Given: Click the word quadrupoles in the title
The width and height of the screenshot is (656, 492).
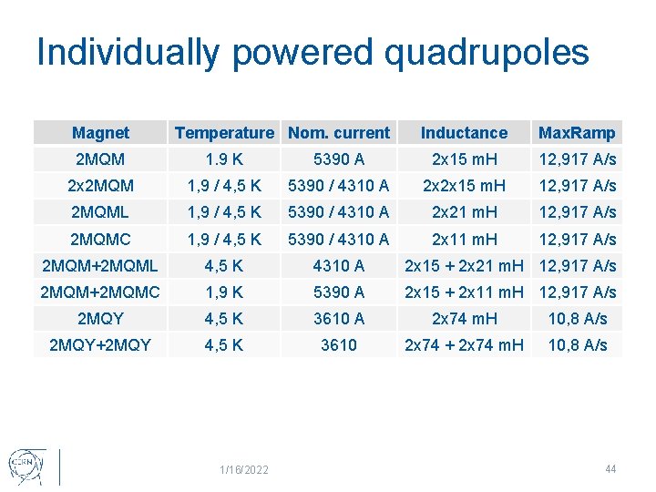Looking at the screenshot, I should (x=487, y=53).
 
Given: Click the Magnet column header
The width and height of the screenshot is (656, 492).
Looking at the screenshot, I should (x=100, y=133).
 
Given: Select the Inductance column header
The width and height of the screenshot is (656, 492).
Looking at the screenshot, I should (x=464, y=133).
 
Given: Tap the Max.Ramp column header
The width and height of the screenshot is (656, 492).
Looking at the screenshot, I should (x=577, y=133).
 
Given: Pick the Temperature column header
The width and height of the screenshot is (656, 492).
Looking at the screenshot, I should (x=224, y=133).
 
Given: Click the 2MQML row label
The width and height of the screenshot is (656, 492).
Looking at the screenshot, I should (x=100, y=212).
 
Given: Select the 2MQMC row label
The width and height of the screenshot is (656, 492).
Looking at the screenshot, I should (x=100, y=240).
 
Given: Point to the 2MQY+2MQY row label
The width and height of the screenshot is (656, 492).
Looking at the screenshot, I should (x=100, y=345).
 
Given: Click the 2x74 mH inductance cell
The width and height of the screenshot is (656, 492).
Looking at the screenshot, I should (x=464, y=319).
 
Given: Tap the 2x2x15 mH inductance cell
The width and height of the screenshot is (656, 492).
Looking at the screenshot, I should (x=464, y=186).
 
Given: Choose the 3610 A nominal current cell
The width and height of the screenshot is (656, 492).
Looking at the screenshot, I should (x=338, y=319).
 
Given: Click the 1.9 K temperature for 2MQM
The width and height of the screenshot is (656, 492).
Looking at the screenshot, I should (x=224, y=159).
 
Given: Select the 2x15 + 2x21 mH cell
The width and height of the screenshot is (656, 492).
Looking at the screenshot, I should (x=464, y=266).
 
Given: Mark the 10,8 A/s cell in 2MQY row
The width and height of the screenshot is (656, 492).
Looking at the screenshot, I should (x=577, y=319).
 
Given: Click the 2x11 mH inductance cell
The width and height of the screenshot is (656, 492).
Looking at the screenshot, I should (x=464, y=240).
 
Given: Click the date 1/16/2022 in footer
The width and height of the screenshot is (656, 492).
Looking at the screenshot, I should (x=243, y=469).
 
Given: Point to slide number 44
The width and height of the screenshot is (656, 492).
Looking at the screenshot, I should (x=610, y=468).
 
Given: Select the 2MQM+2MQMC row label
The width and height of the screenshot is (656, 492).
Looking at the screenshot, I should (x=100, y=292).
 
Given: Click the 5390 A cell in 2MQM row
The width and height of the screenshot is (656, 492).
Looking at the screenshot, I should (x=338, y=159).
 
